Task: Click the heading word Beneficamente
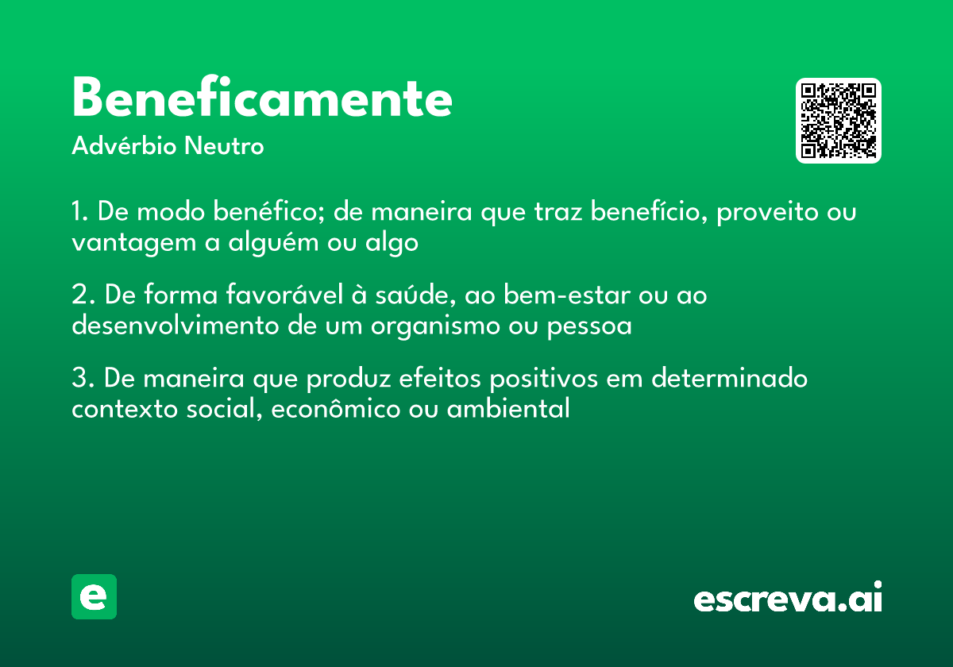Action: click(x=262, y=98)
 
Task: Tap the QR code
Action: click(x=839, y=121)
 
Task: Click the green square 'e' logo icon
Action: click(x=94, y=596)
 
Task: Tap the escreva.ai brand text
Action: click(x=788, y=598)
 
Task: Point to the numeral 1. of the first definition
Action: click(x=79, y=213)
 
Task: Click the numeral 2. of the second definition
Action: click(x=83, y=295)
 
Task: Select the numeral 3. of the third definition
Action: click(x=83, y=378)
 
